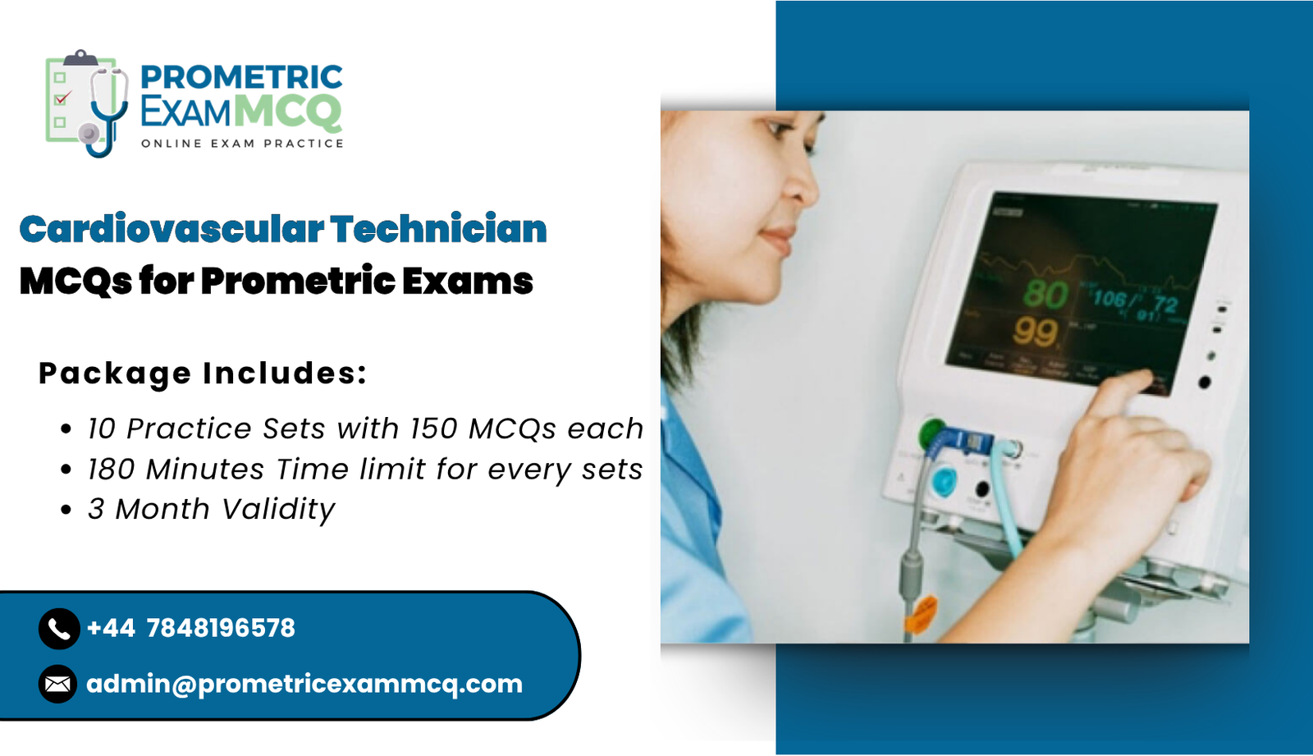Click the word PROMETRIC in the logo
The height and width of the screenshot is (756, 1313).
(241, 77)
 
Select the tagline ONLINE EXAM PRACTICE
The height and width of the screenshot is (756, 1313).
(242, 144)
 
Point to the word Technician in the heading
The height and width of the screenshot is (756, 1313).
(438, 229)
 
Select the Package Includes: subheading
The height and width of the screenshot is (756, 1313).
(203, 373)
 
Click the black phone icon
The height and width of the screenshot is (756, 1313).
(58, 629)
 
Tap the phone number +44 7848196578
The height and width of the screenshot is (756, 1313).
(190, 629)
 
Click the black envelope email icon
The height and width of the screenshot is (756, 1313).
(58, 684)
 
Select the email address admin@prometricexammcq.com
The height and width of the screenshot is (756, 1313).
(304, 684)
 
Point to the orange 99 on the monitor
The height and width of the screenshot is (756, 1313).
(1035, 332)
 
